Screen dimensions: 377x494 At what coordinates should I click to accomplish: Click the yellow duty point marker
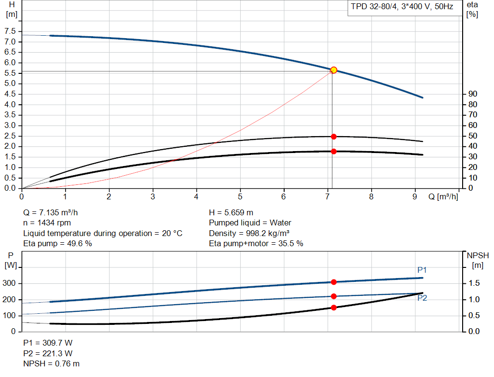[x=333, y=70]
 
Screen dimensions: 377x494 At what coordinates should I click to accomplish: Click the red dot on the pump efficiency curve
[x=333, y=137]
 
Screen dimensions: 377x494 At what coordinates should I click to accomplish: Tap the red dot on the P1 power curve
[x=333, y=282]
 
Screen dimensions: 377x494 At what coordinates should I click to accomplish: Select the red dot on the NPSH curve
[x=333, y=307]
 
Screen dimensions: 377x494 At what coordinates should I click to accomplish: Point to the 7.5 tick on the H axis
[x=10, y=31]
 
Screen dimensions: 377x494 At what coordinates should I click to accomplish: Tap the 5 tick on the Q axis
[x=240, y=197]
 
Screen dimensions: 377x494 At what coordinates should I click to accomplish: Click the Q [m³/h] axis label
[x=443, y=197]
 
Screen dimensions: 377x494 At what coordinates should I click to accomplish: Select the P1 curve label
[x=422, y=270]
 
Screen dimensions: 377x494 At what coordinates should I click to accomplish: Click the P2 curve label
[x=422, y=298]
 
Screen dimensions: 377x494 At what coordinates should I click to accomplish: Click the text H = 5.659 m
[x=231, y=212]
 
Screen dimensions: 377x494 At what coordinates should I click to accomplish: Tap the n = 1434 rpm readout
[x=47, y=223]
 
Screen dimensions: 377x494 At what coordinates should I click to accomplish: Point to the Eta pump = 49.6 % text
[x=58, y=244]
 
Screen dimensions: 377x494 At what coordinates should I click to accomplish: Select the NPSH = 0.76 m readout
[x=52, y=363]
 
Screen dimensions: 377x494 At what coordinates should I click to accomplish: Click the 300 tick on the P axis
[x=11, y=283]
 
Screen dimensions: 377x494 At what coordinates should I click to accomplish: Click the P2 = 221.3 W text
[x=48, y=353]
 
